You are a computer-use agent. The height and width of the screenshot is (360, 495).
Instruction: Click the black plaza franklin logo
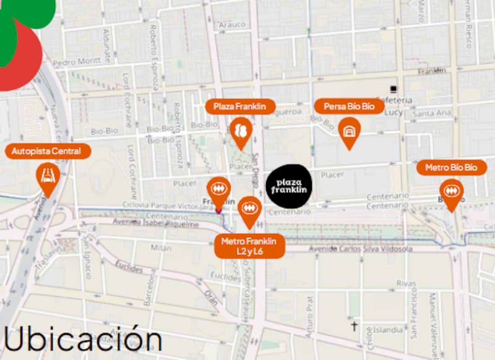coord(289,185)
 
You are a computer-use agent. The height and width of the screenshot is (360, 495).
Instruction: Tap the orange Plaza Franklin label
coord(239,106)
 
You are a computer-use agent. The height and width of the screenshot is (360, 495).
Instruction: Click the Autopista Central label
coord(46,151)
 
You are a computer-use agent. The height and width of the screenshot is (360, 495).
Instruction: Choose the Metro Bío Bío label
coord(451,168)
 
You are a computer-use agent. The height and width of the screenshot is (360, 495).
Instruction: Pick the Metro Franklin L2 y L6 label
coord(249,246)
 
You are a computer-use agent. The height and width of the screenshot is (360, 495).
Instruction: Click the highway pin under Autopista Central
coord(48,177)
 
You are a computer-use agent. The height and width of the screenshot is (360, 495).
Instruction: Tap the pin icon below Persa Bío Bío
coord(349,131)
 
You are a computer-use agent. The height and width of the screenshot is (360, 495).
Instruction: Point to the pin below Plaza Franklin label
coord(240,132)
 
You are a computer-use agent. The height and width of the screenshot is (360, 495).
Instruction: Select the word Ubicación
coord(82,340)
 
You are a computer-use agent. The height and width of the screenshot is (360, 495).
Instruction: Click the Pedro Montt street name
coord(77,62)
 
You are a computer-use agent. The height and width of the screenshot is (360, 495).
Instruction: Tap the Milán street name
coord(161,247)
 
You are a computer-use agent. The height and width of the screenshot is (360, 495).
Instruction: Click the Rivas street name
coord(404,284)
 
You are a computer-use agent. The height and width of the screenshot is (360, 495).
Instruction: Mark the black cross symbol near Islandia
coord(355,325)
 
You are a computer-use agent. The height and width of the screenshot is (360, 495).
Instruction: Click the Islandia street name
coord(387,330)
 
